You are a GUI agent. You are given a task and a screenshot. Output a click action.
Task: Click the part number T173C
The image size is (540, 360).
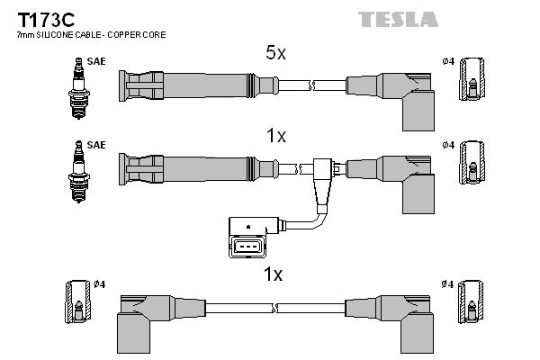(46, 20)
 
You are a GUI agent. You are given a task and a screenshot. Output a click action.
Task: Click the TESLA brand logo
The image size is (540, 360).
(398, 19)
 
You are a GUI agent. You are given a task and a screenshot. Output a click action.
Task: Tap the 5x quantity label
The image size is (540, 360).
(275, 53)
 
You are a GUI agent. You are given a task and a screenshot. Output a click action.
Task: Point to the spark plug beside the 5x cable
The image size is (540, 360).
(79, 88)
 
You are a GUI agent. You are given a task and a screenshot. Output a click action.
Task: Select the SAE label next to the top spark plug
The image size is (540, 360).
(96, 61)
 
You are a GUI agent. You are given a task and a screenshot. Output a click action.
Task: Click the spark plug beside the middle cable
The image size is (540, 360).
(79, 172)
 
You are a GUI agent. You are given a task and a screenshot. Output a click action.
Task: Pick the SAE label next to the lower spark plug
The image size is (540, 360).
(96, 145)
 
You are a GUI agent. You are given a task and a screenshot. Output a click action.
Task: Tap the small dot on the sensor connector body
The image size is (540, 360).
(248, 227)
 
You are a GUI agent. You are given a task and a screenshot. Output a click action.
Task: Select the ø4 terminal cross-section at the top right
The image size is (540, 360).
(472, 79)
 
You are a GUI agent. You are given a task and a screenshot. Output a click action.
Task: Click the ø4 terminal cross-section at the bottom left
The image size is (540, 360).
(78, 301)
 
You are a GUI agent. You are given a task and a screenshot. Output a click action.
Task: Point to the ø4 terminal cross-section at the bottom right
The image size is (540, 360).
(471, 301)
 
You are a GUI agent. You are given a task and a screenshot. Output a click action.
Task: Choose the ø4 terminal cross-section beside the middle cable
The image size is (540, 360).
(472, 162)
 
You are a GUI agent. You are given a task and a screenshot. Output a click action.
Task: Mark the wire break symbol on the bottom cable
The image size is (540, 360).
(274, 308)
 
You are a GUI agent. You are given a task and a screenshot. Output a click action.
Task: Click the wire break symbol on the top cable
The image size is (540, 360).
(311, 85)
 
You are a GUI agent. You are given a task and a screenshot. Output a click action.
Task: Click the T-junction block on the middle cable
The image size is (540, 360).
(323, 183)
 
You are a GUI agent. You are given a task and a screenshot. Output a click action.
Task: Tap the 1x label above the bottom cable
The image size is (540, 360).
(273, 274)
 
